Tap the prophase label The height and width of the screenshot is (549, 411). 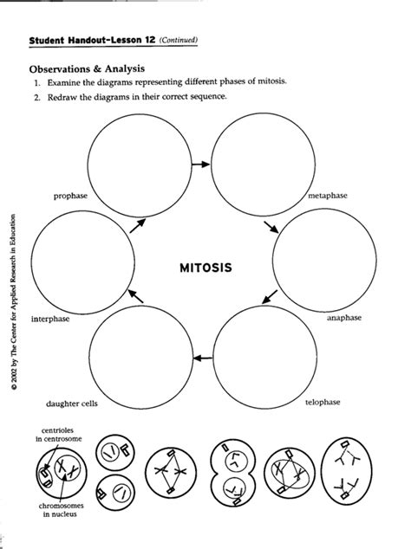[70, 197]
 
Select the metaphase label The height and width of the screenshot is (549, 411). [327, 197]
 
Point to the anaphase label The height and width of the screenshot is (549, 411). [343, 319]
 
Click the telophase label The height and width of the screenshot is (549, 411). [322, 403]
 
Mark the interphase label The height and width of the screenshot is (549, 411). [50, 319]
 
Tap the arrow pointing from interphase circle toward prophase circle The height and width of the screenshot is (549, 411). [135, 225]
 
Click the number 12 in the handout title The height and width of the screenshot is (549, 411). [150, 39]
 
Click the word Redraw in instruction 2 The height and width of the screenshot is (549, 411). [75, 96]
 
